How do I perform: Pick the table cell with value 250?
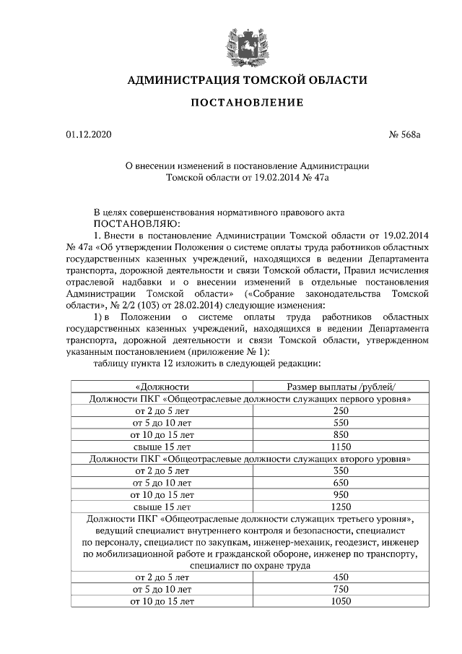point(341,410)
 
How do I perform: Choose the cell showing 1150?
point(341,447)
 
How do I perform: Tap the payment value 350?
point(341,470)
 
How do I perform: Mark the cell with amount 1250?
point(341,507)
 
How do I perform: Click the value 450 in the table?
point(341,577)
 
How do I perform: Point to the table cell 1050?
point(341,601)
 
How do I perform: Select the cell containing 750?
point(341,590)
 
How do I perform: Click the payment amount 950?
point(341,494)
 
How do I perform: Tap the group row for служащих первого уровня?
point(250,398)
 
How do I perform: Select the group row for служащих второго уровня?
point(250,458)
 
